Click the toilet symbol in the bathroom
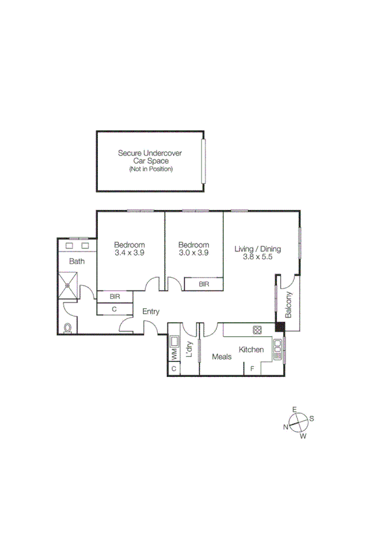tap(68, 328)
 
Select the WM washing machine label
tap(173, 352)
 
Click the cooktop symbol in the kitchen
tap(258, 330)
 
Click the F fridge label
tap(252, 369)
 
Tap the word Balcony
tap(289, 304)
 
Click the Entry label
tap(151, 311)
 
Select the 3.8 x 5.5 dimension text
tap(257, 257)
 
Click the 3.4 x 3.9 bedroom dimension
tap(129, 253)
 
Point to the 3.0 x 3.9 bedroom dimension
tap(193, 253)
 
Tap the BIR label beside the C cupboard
tap(115, 296)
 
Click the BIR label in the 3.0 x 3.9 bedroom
tap(204, 284)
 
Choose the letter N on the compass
tap(287, 427)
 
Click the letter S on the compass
tap(312, 418)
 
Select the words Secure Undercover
tap(150, 153)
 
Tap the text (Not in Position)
tap(151, 169)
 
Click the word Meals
tap(221, 357)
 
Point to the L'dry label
tap(188, 349)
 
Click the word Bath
tap(77, 261)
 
